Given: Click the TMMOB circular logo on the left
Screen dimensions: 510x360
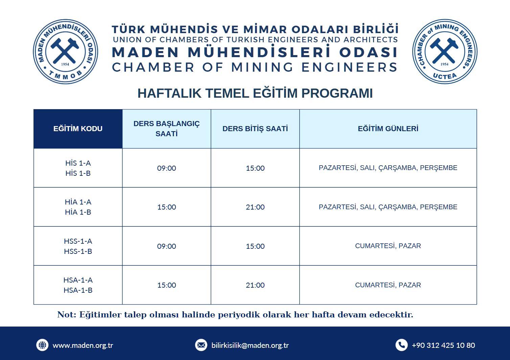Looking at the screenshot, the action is click(x=65, y=51).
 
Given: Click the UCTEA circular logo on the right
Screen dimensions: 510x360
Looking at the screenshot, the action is click(x=445, y=51).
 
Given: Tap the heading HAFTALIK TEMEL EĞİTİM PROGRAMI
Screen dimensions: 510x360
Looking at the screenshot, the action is click(x=255, y=93).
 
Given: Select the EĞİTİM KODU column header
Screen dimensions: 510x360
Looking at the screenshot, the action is click(x=78, y=129).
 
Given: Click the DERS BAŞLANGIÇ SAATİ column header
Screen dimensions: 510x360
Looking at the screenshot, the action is click(x=166, y=128).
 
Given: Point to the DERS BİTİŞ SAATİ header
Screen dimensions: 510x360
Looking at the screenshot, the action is click(x=255, y=129).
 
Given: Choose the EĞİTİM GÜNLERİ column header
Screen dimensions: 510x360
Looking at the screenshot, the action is click(x=388, y=129).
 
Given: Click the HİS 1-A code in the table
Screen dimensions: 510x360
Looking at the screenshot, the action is click(x=78, y=163).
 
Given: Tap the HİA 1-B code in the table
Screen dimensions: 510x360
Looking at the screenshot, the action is click(x=78, y=212).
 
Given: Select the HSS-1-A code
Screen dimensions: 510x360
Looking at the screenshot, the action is click(x=78, y=241).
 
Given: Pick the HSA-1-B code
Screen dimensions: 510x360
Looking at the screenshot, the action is click(x=78, y=290).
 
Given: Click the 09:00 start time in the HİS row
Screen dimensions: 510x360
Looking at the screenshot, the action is click(x=166, y=168).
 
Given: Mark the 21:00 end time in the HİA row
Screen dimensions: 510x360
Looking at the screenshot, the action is click(x=255, y=207).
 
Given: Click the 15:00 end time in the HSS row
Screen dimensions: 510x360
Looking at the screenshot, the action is click(x=255, y=246).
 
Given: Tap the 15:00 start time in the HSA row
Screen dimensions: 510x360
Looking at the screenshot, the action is click(x=166, y=285).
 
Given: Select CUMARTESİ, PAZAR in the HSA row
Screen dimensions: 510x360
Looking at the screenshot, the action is click(x=388, y=285).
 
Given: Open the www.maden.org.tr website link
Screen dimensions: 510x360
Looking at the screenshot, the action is click(x=83, y=345).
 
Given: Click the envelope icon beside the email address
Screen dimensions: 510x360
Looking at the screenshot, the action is click(x=201, y=345).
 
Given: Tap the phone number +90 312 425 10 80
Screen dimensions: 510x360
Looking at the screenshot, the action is click(x=443, y=345).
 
